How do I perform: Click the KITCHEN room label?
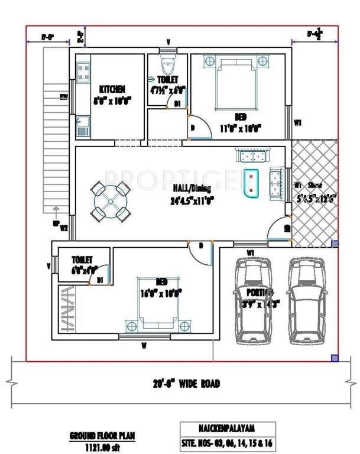[112, 89]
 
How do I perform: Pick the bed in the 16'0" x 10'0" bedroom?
[157, 303]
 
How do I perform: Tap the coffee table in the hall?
[252, 184]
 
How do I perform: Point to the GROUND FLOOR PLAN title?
[102, 435]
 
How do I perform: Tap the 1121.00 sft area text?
[102, 444]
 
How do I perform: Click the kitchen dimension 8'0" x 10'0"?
[112, 100]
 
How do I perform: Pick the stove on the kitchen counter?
[83, 72]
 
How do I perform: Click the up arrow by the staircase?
[56, 213]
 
